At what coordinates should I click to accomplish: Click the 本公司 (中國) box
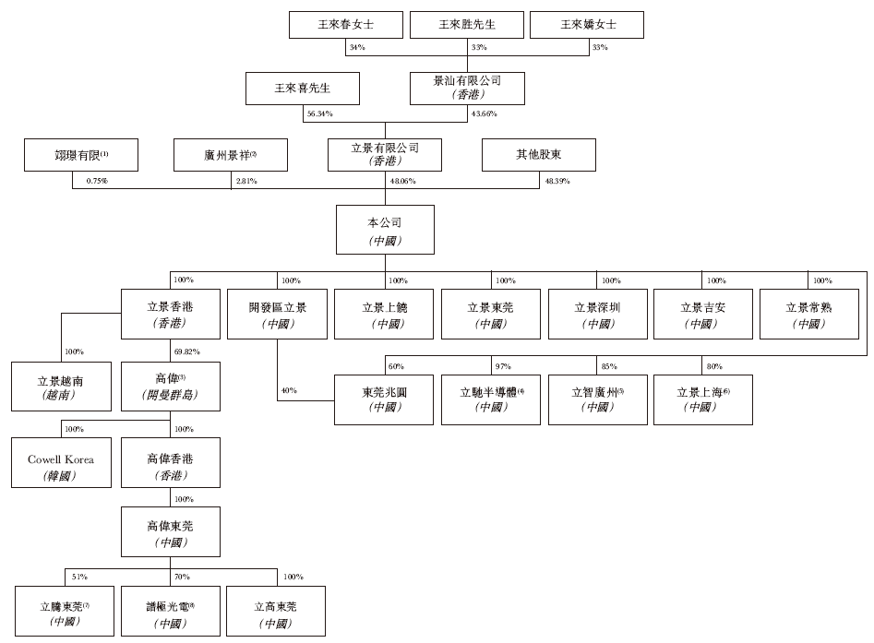coord(385,230)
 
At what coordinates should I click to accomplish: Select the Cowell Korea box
coord(61,462)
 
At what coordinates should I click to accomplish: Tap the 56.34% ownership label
coord(320,113)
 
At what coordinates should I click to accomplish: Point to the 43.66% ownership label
coord(484,113)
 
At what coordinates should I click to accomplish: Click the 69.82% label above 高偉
coord(187,351)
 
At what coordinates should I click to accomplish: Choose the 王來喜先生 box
coord(303,89)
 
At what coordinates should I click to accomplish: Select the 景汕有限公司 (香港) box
coord(467,89)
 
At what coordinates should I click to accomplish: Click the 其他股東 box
coord(539,155)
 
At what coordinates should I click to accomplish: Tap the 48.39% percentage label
coord(557,181)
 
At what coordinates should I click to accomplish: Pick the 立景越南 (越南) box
coord(61,387)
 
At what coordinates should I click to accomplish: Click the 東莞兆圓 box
coord(384,400)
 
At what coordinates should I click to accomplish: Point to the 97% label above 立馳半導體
coord(503,366)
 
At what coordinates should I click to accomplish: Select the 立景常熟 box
coord(809,315)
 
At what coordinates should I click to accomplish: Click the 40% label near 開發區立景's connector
coord(289,390)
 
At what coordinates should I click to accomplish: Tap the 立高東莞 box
coord(276,612)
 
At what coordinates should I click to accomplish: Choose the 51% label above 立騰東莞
coord(79,577)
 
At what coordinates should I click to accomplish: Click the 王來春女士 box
coord(346,25)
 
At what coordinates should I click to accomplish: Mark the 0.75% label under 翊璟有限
coord(97,181)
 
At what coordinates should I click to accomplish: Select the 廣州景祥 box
coord(231,155)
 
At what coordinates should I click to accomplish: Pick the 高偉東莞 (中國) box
coord(171,531)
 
